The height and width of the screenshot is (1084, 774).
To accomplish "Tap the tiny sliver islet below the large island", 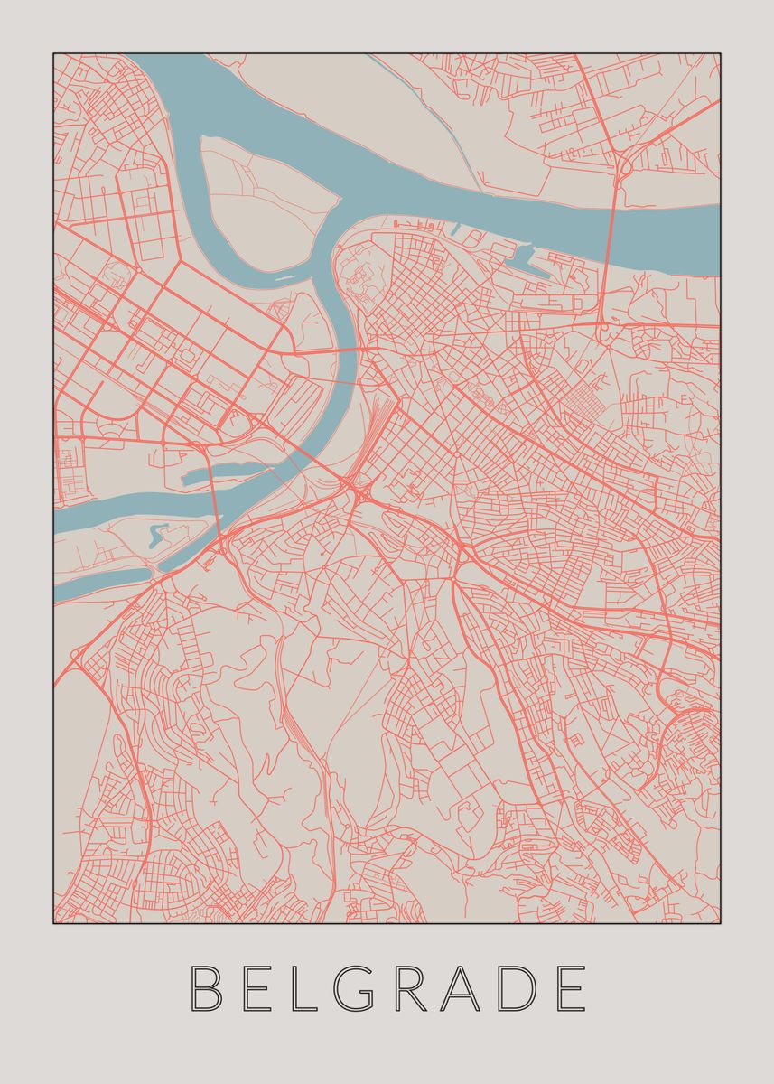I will [x=286, y=278].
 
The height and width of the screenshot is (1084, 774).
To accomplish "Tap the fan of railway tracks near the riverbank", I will [x=379, y=425].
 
